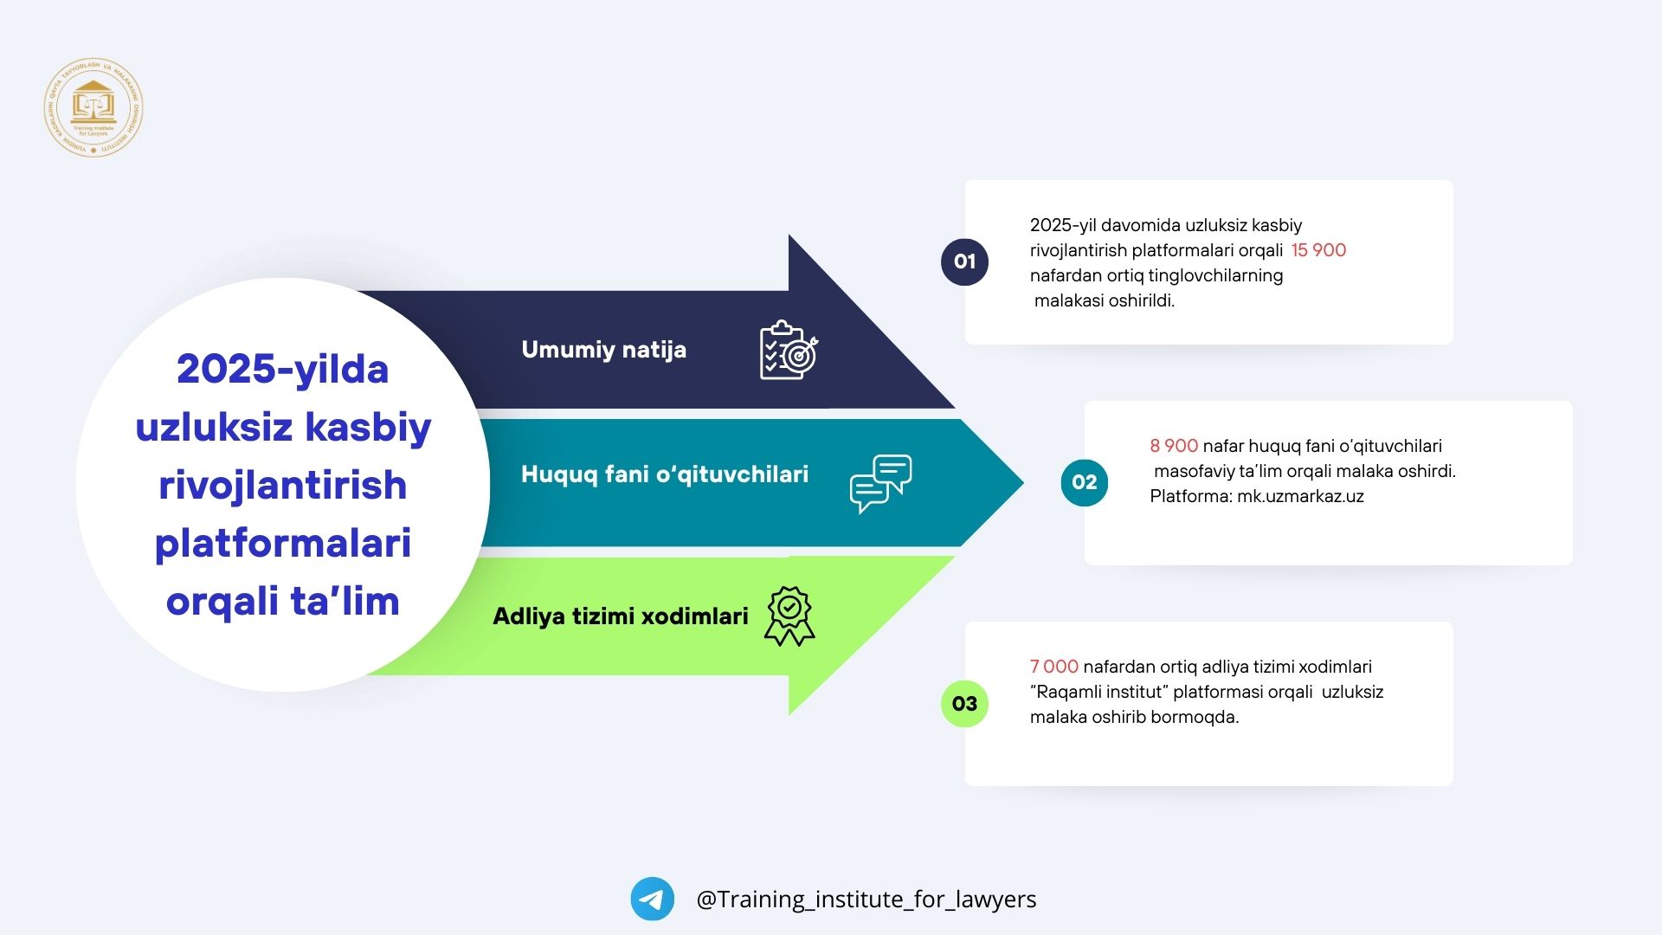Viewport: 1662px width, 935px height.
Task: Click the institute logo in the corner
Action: [93, 108]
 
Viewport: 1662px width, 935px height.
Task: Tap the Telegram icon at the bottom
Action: [652, 899]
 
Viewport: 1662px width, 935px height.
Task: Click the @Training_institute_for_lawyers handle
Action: [866, 900]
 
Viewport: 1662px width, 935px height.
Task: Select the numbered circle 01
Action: [964, 261]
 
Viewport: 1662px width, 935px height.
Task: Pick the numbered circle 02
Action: [1084, 482]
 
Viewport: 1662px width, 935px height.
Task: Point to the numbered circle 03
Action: [964, 703]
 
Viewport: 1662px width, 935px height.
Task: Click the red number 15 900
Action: [1318, 250]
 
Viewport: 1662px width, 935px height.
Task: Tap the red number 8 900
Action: [1174, 446]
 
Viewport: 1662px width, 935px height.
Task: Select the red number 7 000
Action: [1053, 667]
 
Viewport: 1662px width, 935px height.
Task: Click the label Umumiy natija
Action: [603, 350]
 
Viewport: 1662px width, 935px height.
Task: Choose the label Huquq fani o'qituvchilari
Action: [664, 474]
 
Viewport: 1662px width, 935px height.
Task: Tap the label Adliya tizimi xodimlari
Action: [620, 616]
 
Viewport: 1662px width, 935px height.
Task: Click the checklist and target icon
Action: [788, 351]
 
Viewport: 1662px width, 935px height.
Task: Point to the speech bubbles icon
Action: [880, 483]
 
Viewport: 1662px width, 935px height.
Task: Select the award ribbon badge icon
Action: [789, 616]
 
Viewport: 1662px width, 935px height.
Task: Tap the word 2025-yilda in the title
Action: [282, 370]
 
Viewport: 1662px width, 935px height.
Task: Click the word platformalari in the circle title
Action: [282, 544]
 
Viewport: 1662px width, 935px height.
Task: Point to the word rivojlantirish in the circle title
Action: [282, 486]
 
